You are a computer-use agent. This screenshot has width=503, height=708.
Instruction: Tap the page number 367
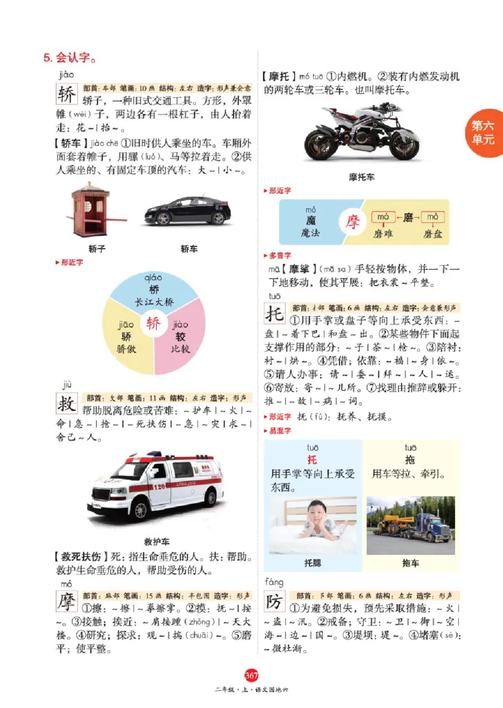(x=251, y=676)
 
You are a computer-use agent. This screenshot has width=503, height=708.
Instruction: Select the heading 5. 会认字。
(x=69, y=59)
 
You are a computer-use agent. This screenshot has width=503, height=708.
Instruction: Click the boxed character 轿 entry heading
(x=65, y=95)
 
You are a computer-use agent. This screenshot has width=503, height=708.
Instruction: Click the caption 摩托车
(x=361, y=177)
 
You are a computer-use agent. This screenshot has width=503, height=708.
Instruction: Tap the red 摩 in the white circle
(x=353, y=222)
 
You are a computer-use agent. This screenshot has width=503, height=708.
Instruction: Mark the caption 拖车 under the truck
(x=410, y=563)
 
